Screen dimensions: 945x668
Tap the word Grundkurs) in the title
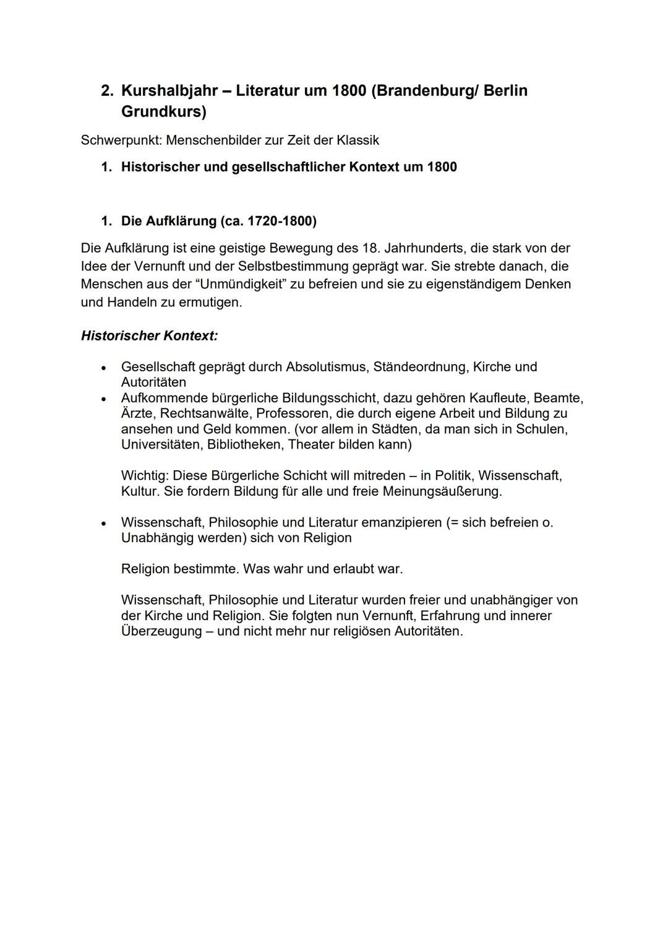pos(163,112)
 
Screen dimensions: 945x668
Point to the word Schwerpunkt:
pos(121,140)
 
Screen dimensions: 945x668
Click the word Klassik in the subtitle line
pos(358,140)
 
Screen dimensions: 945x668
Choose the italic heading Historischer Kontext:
pos(149,336)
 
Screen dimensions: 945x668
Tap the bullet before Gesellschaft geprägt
pos(104,368)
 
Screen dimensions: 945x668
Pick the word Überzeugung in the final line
pos(161,631)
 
